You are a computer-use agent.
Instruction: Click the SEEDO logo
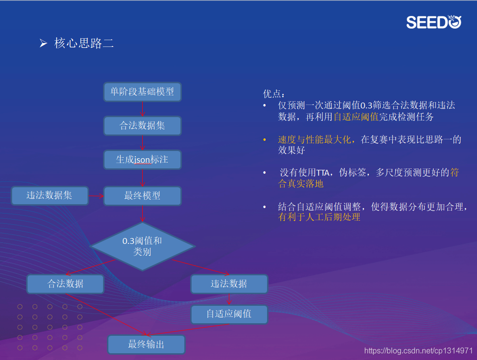point(434,22)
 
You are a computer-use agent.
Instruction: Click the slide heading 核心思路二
point(84,44)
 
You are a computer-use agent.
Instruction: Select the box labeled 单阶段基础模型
point(142,91)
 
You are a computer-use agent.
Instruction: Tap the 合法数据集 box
point(142,126)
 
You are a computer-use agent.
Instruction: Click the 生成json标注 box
point(142,160)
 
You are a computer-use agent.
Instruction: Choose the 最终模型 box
point(142,196)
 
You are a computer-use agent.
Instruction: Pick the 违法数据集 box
point(50,196)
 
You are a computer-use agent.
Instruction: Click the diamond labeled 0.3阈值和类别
point(142,246)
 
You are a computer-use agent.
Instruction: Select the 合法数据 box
point(65,284)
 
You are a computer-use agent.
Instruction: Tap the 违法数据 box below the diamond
point(229,284)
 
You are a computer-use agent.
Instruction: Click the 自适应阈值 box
point(229,314)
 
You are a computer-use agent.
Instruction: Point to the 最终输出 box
point(146,345)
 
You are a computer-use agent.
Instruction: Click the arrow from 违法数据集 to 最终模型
point(96,196)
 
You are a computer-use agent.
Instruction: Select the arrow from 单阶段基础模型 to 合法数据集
point(142,109)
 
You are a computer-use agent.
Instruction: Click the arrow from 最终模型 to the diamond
point(142,213)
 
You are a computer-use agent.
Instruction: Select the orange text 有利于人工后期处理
point(319,218)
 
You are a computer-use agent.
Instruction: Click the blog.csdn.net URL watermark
point(418,351)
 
